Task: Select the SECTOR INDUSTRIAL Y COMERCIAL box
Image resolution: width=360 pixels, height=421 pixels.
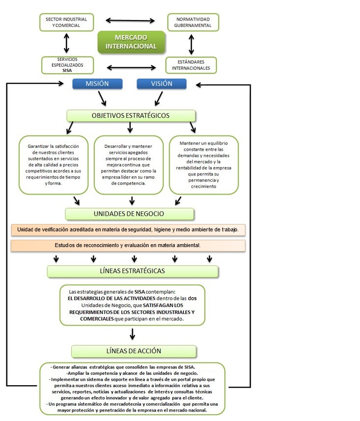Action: point(66,22)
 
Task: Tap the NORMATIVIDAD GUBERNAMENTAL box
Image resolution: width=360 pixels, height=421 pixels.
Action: point(193,22)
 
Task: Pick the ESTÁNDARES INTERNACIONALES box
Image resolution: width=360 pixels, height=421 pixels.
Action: point(191,65)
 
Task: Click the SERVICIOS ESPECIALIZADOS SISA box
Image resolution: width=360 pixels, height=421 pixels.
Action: point(67,65)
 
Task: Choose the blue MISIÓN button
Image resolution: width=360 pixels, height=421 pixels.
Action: point(97,84)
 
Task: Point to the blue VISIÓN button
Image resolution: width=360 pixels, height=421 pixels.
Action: point(161,84)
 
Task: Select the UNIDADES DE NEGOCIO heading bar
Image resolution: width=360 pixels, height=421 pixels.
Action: point(129,214)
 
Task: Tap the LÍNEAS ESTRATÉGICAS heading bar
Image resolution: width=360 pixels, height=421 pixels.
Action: point(132,271)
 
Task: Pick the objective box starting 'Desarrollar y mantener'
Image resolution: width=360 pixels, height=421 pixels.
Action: point(128,165)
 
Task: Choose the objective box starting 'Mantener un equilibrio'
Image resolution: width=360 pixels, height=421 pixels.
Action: point(204,165)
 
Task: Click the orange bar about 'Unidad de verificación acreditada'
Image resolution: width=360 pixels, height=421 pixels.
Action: point(128,229)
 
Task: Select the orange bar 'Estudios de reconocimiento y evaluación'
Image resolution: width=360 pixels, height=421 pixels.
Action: point(128,245)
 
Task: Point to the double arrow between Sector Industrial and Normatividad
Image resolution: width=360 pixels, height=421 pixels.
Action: point(130,21)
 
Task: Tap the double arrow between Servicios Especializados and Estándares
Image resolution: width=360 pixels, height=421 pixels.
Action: point(131,67)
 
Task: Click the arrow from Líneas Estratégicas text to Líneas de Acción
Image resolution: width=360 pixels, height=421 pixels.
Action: point(132,335)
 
